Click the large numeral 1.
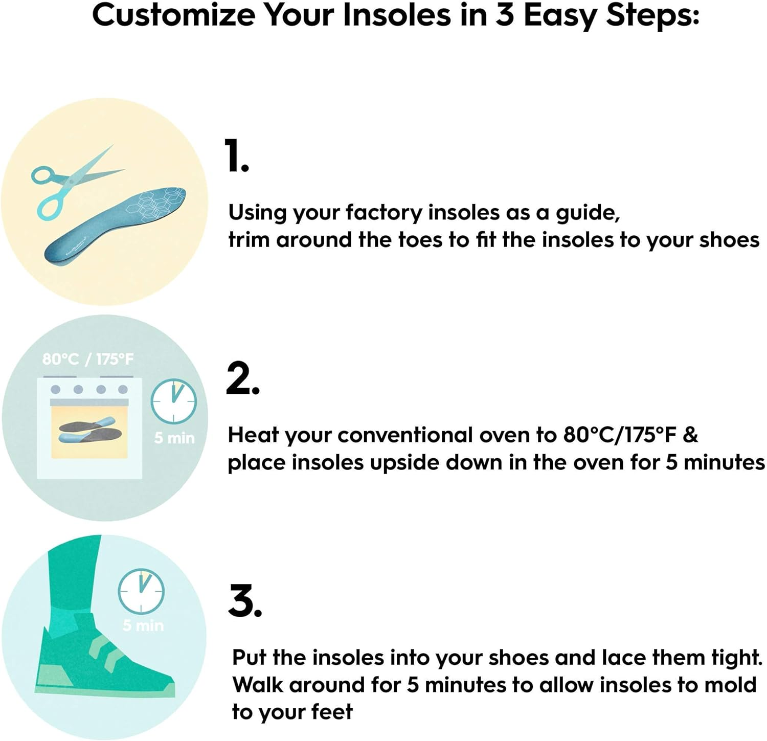tap(237, 156)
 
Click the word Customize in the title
tap(173, 15)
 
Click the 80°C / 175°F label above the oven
tap(87, 359)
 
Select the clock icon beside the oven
tap(173, 401)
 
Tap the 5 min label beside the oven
tap(174, 438)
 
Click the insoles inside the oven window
tap(90, 430)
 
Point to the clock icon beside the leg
tap(141, 591)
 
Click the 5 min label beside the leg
tap(143, 625)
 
